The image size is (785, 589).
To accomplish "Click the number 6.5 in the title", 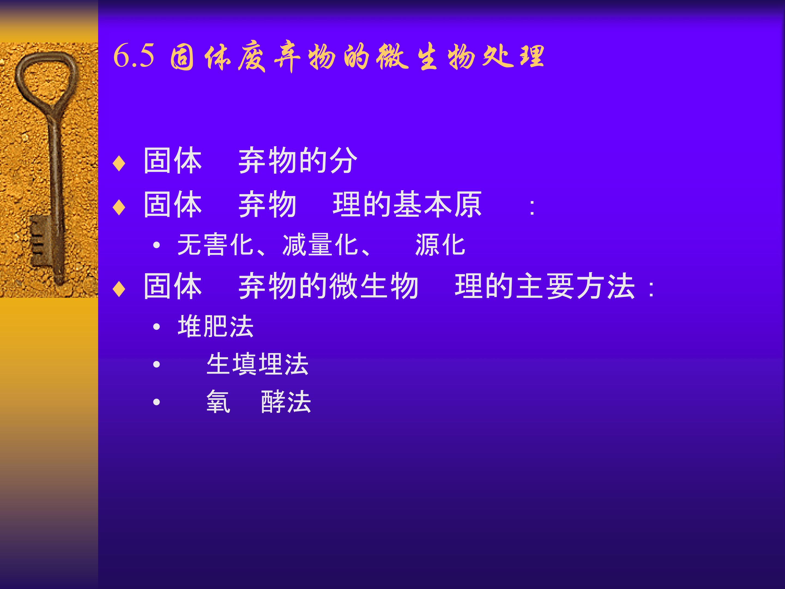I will (134, 56).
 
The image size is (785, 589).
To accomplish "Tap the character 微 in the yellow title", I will (392, 57).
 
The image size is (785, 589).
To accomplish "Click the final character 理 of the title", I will (531, 57).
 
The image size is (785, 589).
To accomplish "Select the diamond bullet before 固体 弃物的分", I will (119, 163).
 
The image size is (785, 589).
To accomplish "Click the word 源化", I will (440, 245).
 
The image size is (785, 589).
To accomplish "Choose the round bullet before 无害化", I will (156, 245).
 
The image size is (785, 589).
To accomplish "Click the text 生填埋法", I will (257, 364).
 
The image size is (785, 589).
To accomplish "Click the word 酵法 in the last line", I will (286, 402).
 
